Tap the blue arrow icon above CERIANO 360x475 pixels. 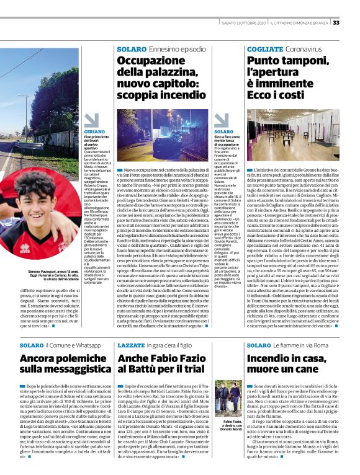coord(91,120)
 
